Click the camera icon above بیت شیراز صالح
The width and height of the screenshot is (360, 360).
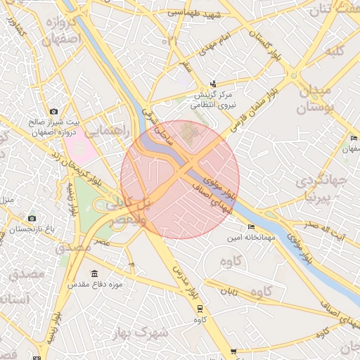[53, 111]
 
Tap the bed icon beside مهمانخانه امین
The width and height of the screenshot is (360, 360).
[251, 227]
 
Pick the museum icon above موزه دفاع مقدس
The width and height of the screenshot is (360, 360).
[94, 274]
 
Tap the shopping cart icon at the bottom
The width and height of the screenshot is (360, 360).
[233, 352]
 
